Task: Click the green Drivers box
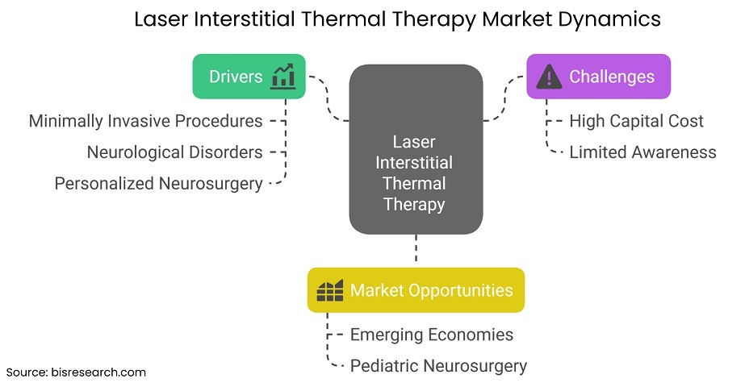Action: tap(249, 77)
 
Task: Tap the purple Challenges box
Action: tap(598, 77)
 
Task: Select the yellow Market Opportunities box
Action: tap(416, 290)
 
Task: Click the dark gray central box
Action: tap(416, 149)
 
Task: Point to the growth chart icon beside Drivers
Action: tap(283, 77)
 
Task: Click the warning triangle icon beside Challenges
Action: tap(550, 77)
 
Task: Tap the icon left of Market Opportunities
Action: tap(330, 290)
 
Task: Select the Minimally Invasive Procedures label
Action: tap(145, 121)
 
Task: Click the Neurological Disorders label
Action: tap(174, 152)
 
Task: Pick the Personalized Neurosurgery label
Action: tap(158, 183)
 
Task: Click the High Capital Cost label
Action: tap(636, 121)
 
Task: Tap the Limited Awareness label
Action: tap(642, 152)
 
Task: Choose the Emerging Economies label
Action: tap(431, 334)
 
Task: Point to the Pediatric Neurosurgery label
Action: tap(438, 365)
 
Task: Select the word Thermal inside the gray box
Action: tap(414, 183)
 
